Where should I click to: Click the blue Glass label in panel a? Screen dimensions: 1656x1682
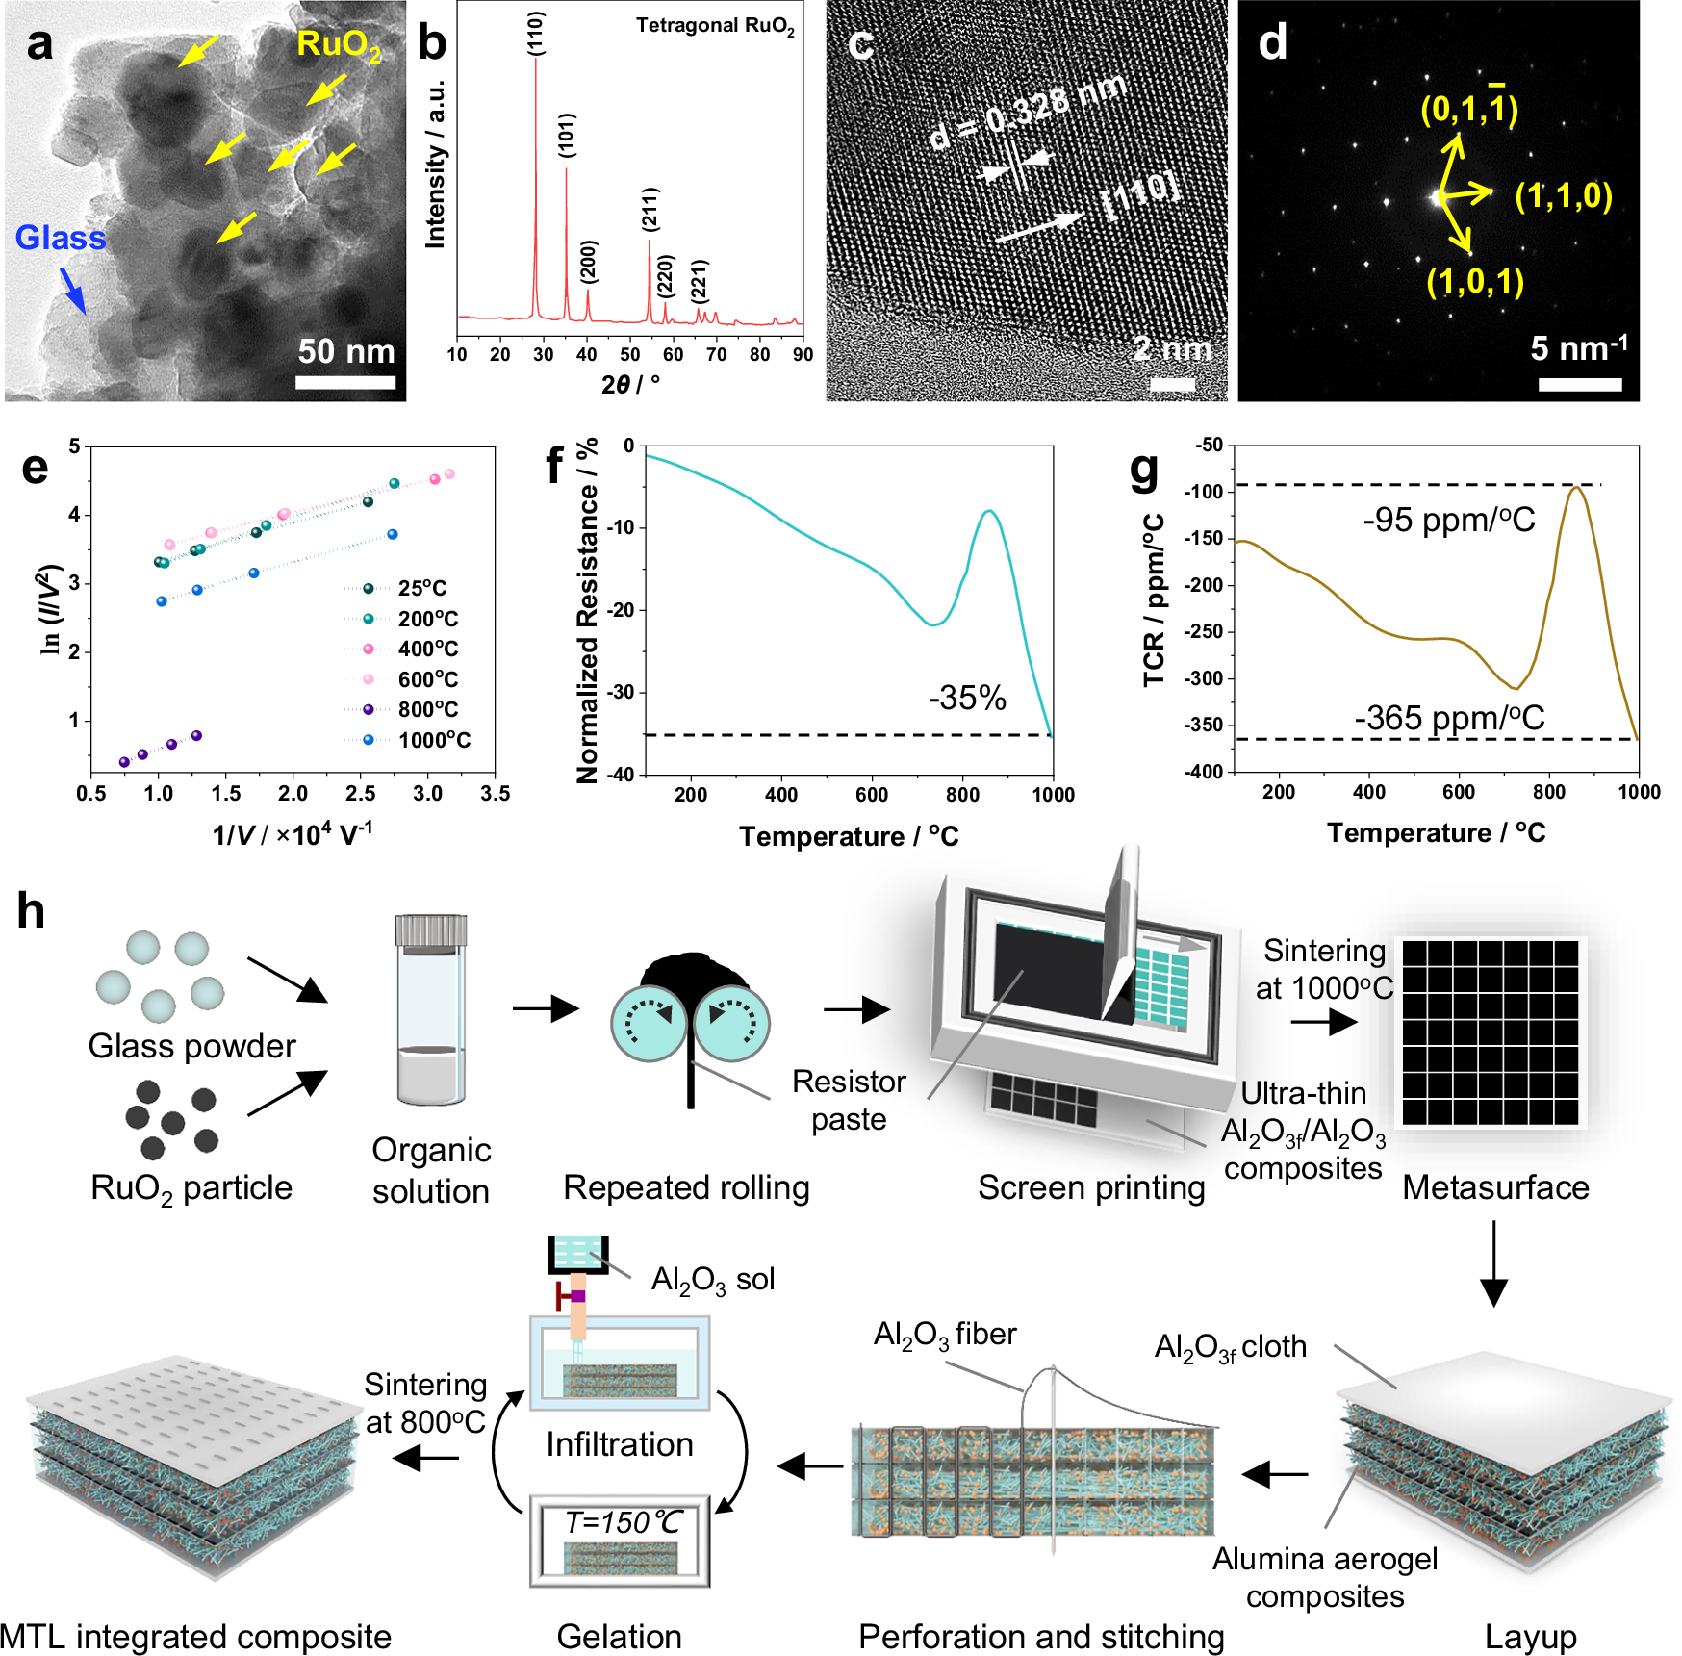pyautogui.click(x=60, y=238)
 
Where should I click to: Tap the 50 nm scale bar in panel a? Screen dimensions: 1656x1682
pyautogui.click(x=345, y=382)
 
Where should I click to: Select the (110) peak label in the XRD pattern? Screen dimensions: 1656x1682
pyautogui.click(x=536, y=34)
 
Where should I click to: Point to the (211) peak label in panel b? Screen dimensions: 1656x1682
pyautogui.click(x=650, y=210)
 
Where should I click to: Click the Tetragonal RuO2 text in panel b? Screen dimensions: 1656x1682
pyautogui.click(x=714, y=26)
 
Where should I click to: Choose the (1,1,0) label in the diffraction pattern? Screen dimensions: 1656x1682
pyautogui.click(x=1563, y=196)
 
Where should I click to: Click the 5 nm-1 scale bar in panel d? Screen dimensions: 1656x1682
pyautogui.click(x=1579, y=384)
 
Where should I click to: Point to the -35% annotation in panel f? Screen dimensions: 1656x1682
pyautogui.click(x=966, y=698)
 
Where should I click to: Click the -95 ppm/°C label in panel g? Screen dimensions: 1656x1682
pyautogui.click(x=1448, y=521)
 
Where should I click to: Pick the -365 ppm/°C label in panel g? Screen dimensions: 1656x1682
pyautogui.click(x=1448, y=718)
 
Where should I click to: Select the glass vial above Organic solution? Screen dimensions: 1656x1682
pyautogui.click(x=431, y=1010)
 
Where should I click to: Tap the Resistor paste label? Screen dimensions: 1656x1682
pyautogui.click(x=848, y=1100)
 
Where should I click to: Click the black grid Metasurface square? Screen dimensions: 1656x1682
pyautogui.click(x=1490, y=1032)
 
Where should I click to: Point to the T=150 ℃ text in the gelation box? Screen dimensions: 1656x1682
pyautogui.click(x=623, y=1522)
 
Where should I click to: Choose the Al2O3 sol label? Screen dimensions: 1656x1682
pyautogui.click(x=712, y=1280)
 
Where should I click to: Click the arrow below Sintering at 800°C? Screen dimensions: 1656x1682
pyautogui.click(x=426, y=1458)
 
